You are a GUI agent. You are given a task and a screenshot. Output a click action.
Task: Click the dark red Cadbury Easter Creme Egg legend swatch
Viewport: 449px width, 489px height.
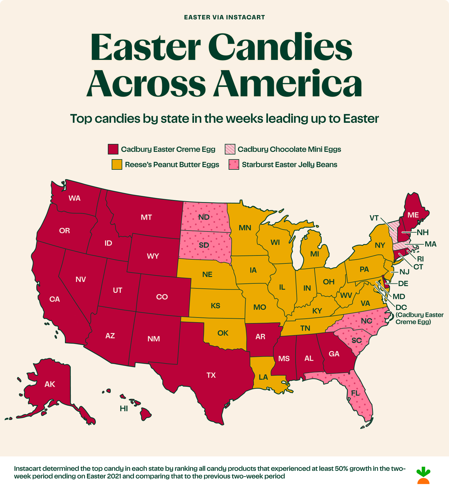tap(113, 149)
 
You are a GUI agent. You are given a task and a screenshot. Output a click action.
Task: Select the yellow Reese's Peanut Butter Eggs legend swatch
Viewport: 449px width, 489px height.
tap(117, 164)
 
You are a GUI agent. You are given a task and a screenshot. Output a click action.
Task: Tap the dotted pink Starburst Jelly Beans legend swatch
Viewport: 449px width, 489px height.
tap(234, 164)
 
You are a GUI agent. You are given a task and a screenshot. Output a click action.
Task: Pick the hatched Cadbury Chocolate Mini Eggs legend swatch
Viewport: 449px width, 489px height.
tap(230, 149)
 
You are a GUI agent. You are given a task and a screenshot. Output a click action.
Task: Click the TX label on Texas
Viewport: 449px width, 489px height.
tap(211, 375)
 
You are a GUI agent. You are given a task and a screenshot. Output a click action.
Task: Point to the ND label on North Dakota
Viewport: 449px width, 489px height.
tap(204, 217)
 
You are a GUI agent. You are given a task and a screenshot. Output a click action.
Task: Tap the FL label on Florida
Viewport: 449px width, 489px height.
tap(355, 393)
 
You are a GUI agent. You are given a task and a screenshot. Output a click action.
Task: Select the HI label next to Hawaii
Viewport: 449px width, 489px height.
tap(124, 409)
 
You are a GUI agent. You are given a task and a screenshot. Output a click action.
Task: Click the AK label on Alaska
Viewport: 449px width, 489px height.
tap(50, 384)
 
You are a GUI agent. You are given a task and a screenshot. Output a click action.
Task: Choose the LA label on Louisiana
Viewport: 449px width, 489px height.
tap(263, 377)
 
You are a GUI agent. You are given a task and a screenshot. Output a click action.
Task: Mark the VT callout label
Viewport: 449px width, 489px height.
tap(374, 218)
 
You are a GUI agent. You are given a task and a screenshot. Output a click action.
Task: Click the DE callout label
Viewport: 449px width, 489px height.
tap(403, 283)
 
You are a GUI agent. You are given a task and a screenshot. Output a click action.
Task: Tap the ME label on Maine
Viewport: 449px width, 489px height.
tap(413, 215)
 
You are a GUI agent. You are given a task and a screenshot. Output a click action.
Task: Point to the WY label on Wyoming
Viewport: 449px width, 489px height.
tap(153, 256)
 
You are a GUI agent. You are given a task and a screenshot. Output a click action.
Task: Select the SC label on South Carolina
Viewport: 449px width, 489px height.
tap(356, 340)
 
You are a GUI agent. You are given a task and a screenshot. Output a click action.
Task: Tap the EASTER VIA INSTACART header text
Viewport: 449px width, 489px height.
tap(224, 17)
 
